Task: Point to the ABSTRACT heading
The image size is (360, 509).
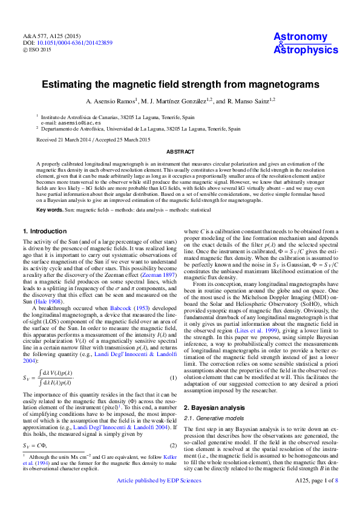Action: click(180, 153)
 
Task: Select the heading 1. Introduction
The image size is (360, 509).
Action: click(44, 232)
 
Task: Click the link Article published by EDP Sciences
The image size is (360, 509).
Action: click(159, 498)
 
